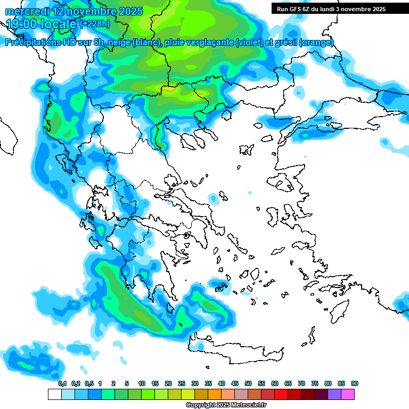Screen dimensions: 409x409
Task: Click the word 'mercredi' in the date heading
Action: (20, 11)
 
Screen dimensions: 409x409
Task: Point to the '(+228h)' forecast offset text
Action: (95, 24)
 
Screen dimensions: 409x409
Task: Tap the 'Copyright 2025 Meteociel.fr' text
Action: (226, 405)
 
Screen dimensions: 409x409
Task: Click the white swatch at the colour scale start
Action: (54, 395)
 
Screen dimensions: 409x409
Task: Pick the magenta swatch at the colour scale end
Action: (348, 395)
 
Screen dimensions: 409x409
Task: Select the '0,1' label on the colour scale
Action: (62, 384)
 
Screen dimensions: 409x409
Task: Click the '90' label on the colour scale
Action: (355, 384)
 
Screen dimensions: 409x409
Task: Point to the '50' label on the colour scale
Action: (248, 384)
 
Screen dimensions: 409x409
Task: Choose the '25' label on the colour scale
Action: (182, 384)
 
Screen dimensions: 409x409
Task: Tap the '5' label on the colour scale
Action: (127, 384)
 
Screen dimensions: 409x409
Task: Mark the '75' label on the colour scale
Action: (315, 384)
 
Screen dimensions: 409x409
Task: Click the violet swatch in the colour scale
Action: (334, 395)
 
